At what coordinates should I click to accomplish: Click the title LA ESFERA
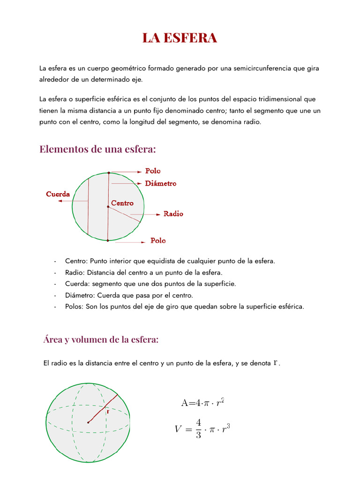pyautogui.click(x=180, y=38)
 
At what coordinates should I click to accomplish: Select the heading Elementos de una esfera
pyautogui.click(x=97, y=149)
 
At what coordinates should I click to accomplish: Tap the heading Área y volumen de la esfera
pyautogui.click(x=101, y=339)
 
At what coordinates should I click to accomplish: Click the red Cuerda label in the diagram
pyautogui.click(x=58, y=194)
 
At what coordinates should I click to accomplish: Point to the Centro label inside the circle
pyautogui.click(x=122, y=203)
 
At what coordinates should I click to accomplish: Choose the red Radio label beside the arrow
pyautogui.click(x=173, y=214)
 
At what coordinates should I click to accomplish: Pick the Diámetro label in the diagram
pyautogui.click(x=161, y=183)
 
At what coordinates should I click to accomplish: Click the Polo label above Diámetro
pyautogui.click(x=153, y=171)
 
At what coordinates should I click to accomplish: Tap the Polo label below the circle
pyautogui.click(x=158, y=240)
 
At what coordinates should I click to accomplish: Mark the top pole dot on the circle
pyautogui.click(x=109, y=172)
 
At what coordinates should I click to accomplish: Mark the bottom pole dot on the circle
pyautogui.click(x=108, y=240)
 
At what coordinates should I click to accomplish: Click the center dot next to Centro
pyautogui.click(x=108, y=206)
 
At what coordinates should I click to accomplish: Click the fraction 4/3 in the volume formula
pyautogui.click(x=198, y=429)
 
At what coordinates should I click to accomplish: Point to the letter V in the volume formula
pyautogui.click(x=178, y=429)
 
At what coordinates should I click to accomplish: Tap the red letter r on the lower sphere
pyautogui.click(x=108, y=412)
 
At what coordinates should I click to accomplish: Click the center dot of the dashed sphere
pyautogui.click(x=88, y=422)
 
